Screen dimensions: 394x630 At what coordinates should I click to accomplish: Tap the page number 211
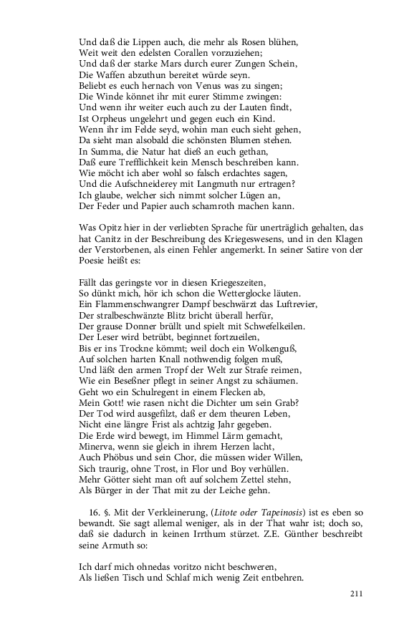358,593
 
